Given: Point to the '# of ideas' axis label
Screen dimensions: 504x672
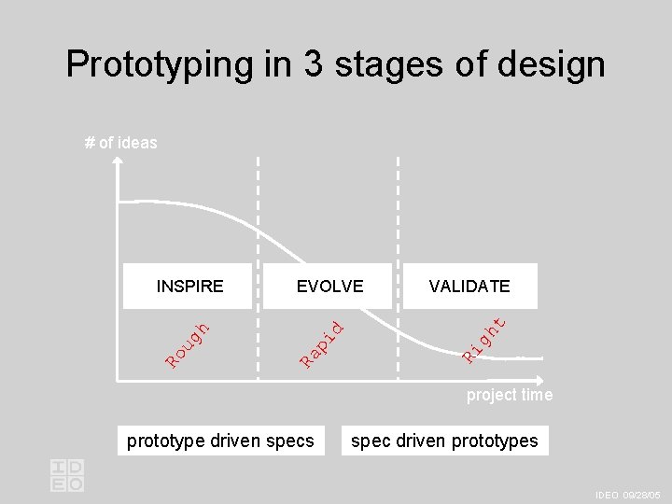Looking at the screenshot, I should (120, 143).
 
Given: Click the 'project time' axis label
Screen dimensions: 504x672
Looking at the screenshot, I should (510, 395).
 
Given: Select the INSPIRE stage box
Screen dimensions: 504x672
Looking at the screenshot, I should (189, 286).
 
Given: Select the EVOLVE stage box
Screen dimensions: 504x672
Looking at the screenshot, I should (329, 286).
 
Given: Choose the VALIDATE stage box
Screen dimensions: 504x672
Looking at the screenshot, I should (469, 286).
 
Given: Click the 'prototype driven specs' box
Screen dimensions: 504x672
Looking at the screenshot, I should (220, 441).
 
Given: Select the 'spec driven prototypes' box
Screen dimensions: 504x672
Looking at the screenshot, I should (444, 441).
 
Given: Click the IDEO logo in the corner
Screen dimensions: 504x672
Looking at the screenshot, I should (67, 475).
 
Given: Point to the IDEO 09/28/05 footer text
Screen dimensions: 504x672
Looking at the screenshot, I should (627, 495).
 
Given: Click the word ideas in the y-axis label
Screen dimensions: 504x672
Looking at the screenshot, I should (137, 143).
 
